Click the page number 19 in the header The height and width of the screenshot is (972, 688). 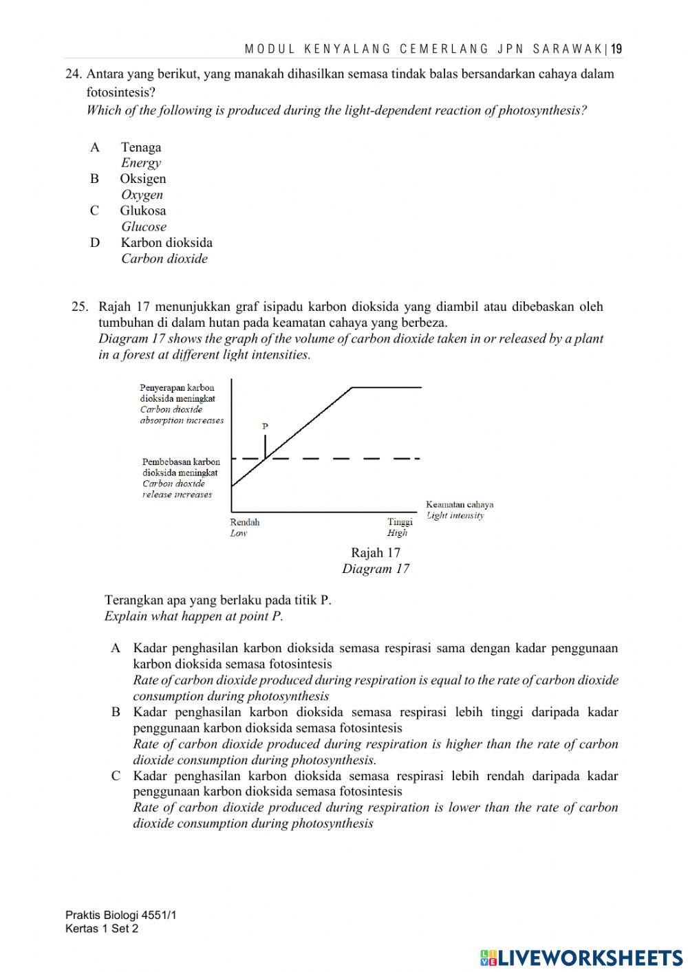point(616,49)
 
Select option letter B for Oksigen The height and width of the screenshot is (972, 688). point(94,179)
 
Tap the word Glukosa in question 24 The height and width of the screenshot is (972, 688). point(143,210)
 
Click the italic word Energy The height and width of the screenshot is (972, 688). point(141,163)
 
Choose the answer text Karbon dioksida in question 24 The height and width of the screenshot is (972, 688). point(166,243)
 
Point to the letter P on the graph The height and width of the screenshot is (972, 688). point(265,426)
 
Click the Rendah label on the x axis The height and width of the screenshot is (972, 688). point(245,522)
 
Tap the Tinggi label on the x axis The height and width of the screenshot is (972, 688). point(400,522)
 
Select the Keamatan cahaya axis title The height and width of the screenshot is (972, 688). point(459,504)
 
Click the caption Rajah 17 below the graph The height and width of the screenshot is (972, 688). point(375,552)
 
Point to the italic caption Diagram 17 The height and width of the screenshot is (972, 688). point(375,569)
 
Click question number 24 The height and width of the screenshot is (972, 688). point(74,74)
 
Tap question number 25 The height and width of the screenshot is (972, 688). point(80,307)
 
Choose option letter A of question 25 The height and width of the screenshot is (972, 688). point(116,648)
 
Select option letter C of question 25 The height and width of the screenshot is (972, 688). point(116,776)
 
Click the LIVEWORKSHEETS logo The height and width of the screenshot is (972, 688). point(581,957)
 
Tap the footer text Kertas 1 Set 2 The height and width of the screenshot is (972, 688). point(102,929)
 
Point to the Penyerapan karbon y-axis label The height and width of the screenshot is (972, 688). point(177,388)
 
